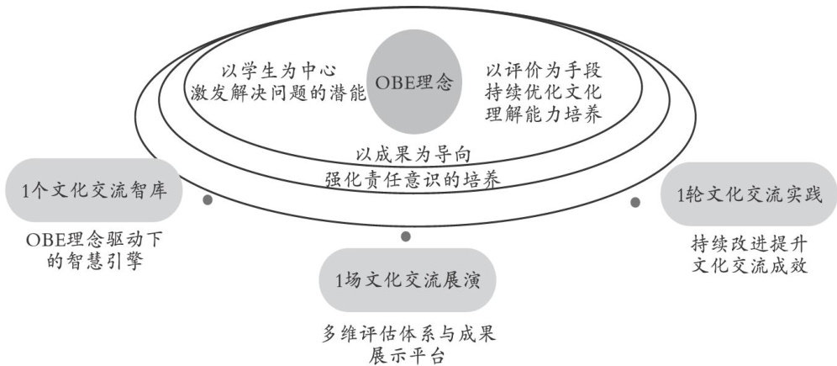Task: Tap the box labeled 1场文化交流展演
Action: (x=406, y=278)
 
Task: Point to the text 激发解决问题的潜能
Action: (x=278, y=93)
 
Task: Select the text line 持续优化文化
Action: (x=542, y=92)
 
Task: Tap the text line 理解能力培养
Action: (x=542, y=114)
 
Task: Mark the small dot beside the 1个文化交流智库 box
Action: (x=208, y=201)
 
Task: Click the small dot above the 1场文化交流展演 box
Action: (x=406, y=236)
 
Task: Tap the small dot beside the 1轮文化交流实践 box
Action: (x=635, y=202)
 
